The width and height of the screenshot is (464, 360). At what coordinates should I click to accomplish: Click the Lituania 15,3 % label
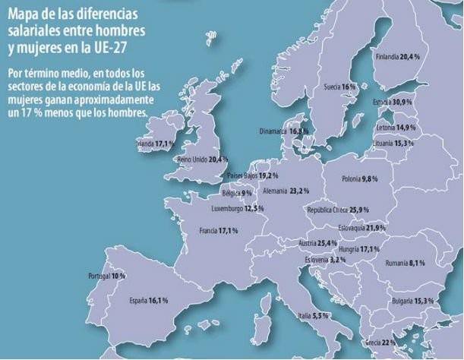tap(393, 143)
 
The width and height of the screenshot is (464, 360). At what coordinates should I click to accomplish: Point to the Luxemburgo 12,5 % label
tap(237, 208)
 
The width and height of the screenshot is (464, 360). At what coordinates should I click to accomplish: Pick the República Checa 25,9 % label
tap(337, 210)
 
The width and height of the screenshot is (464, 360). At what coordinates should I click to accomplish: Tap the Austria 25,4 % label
tap(318, 243)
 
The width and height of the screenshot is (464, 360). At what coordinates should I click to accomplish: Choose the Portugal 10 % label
tap(107, 276)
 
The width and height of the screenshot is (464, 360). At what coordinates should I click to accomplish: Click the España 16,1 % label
tap(147, 301)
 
